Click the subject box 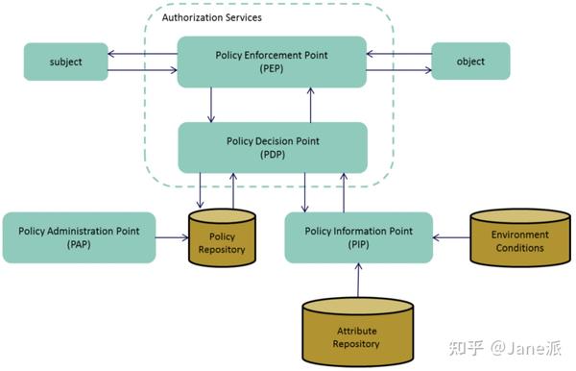[66, 62]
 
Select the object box [470, 62]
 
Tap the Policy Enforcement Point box [272, 62]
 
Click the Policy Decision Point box [272, 147]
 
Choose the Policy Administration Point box [79, 237]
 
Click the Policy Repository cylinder [222, 237]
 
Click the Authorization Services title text [211, 18]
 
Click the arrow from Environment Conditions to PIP [450, 237]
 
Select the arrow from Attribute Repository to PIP [357, 280]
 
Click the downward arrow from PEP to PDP [212, 104]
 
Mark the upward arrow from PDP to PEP [309, 104]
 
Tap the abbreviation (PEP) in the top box [272, 70]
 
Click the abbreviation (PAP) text [79, 246]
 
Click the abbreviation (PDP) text [272, 155]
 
